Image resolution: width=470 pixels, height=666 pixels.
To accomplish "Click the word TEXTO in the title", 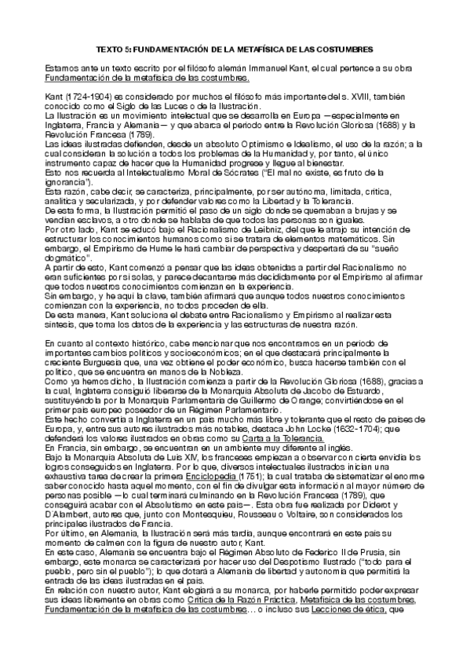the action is point(119,49).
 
